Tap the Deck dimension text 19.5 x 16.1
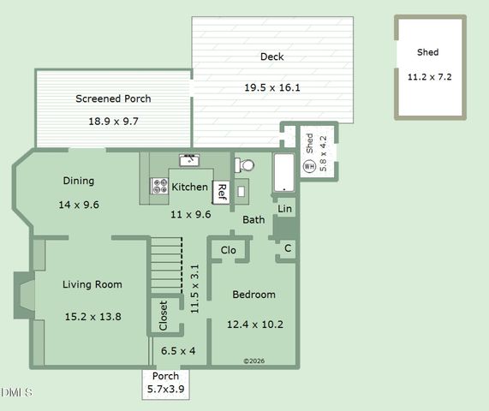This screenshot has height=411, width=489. (x=271, y=87)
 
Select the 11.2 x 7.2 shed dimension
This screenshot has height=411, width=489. (x=428, y=76)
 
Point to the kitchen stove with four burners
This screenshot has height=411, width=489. (x=159, y=186)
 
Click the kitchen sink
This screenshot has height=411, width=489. (x=188, y=160)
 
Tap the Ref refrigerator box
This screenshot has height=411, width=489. (x=222, y=191)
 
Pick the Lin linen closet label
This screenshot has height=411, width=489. (x=285, y=208)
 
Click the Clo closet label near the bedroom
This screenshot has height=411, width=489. (x=229, y=250)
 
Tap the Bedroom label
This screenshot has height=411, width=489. (x=253, y=295)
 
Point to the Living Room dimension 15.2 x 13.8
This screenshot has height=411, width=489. (x=92, y=317)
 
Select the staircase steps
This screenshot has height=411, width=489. (x=166, y=266)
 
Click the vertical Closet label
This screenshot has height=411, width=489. (x=163, y=315)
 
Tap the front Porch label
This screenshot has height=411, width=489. (x=165, y=377)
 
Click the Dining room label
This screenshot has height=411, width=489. (x=78, y=181)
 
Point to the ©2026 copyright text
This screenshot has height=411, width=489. (x=255, y=361)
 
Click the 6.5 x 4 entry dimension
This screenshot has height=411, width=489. (x=178, y=351)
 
